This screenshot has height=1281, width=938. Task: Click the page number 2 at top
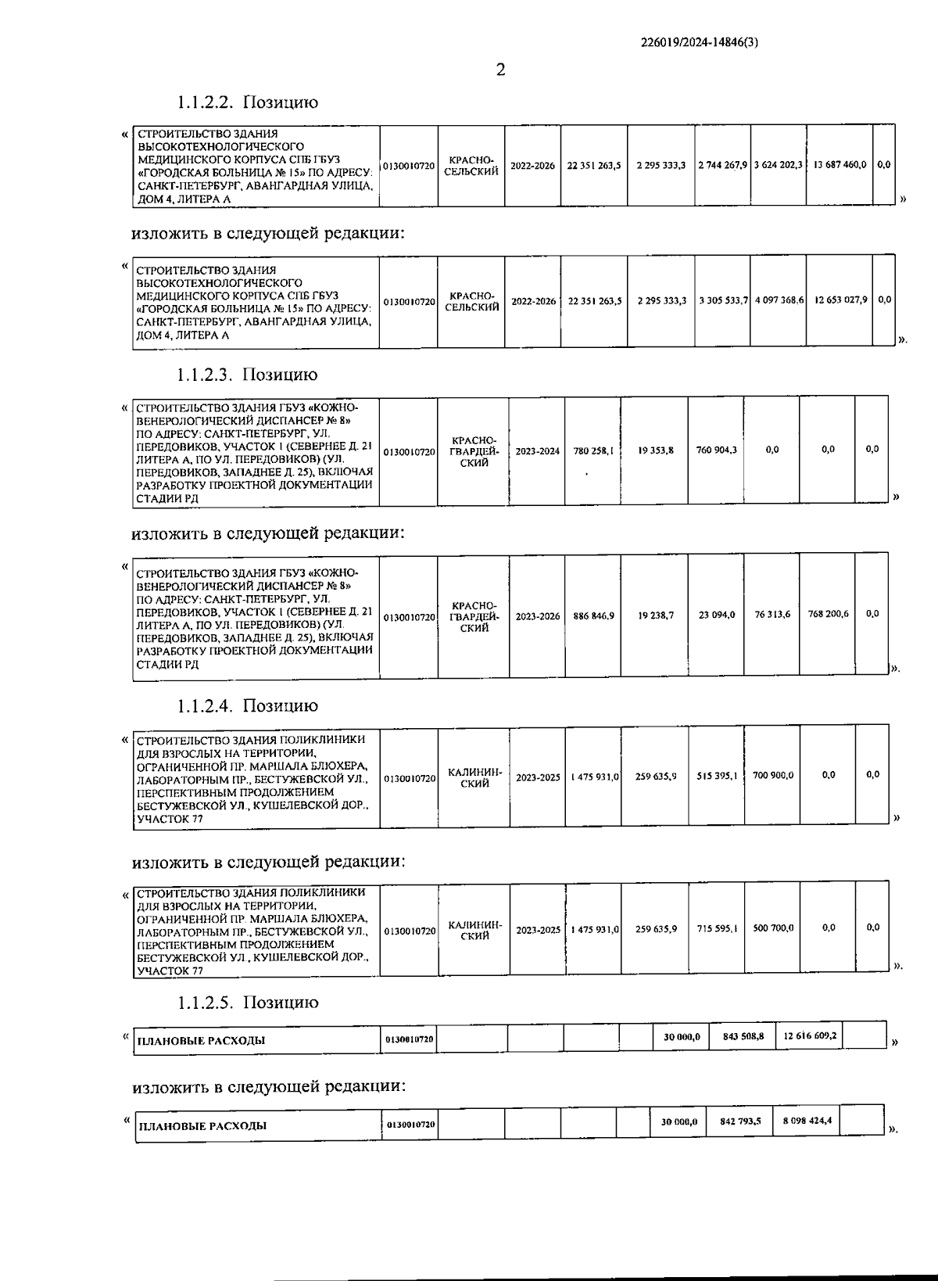coord(500,70)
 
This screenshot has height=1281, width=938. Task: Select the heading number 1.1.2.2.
coord(207,102)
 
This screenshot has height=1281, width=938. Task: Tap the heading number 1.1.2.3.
coord(207,375)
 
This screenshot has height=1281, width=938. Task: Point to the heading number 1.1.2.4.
coord(207,706)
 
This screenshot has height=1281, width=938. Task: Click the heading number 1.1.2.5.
coord(207,1003)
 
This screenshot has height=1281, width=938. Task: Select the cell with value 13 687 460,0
coord(840,165)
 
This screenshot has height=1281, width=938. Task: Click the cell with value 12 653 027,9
coord(840,300)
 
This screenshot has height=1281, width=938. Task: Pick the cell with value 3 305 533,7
coord(724,300)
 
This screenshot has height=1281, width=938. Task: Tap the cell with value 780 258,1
coord(593,450)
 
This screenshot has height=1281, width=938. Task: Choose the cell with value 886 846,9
coord(593,616)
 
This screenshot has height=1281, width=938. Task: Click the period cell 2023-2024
coord(537,451)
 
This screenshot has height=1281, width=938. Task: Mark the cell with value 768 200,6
coord(828,614)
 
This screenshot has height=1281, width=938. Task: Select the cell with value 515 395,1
coord(716,776)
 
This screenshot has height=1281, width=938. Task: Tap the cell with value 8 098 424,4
coord(807,1121)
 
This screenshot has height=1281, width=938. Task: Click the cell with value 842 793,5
coord(740,1121)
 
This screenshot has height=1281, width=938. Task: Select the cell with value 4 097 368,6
coord(779,300)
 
